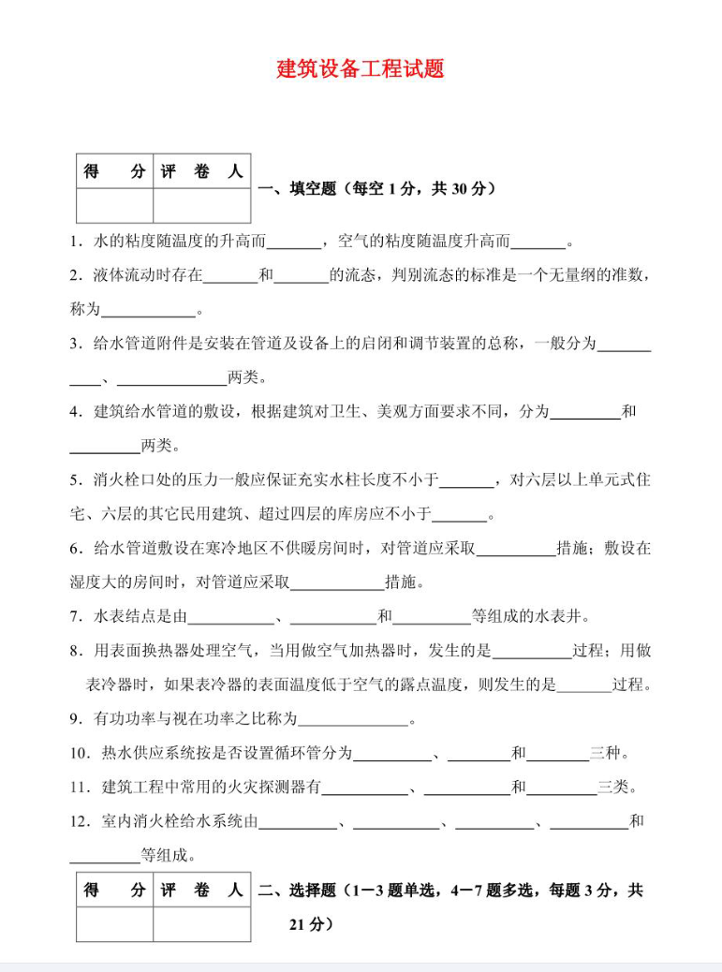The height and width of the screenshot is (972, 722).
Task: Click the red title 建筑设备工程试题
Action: (x=361, y=69)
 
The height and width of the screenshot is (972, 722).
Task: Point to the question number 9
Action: (x=75, y=719)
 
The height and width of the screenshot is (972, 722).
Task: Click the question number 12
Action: (x=80, y=821)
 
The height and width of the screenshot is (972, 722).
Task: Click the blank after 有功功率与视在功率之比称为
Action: (x=353, y=719)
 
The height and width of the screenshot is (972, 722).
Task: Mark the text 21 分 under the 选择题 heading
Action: (x=306, y=924)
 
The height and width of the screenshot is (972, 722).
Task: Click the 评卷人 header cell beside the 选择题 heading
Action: (x=201, y=891)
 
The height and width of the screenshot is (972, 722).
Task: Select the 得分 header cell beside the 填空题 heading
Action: (x=114, y=171)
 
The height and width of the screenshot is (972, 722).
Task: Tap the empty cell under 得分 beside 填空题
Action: (x=114, y=205)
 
